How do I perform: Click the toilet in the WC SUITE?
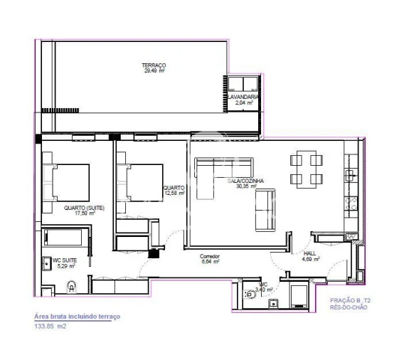[71, 286]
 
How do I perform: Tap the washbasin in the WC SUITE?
[47, 260]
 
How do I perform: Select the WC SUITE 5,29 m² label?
[65, 264]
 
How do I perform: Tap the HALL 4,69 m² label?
[309, 255]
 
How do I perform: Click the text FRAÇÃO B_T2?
[349, 301]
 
